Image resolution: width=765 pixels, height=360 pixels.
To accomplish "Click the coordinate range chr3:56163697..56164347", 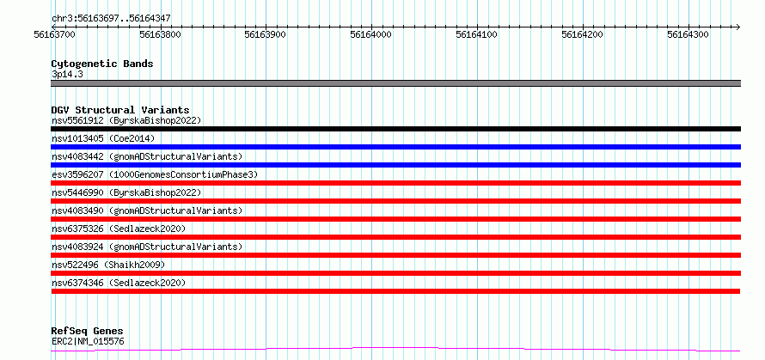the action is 111,19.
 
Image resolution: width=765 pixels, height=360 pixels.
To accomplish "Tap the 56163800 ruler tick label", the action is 160,34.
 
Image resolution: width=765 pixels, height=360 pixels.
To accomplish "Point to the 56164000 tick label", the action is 371,34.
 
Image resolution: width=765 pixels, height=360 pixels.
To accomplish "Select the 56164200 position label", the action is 583,34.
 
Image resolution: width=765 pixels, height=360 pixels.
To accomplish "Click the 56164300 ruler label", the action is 688,34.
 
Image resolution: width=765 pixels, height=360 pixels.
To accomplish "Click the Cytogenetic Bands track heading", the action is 102,64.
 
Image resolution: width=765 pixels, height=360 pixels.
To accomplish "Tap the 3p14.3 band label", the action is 64,75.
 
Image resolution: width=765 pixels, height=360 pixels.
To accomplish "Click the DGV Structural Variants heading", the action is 120,110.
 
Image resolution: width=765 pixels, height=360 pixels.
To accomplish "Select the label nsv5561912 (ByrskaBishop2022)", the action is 126,120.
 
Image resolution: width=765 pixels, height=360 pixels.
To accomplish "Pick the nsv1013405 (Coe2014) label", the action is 103,138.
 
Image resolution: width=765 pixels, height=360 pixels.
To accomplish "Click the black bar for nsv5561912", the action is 395,129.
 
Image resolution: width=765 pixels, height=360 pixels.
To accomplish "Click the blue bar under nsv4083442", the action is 395,165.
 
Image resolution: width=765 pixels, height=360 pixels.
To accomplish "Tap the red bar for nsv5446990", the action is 395,201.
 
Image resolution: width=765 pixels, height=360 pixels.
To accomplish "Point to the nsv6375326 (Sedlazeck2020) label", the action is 119,229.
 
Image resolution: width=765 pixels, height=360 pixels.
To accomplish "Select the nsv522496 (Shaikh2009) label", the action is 108,265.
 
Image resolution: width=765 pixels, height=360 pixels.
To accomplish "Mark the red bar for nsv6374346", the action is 395,291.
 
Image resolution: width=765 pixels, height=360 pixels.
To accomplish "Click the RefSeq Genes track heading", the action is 88,332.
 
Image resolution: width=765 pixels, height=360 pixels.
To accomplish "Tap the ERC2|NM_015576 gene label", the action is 88,341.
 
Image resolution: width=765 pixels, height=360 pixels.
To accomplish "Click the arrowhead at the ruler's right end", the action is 738,27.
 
